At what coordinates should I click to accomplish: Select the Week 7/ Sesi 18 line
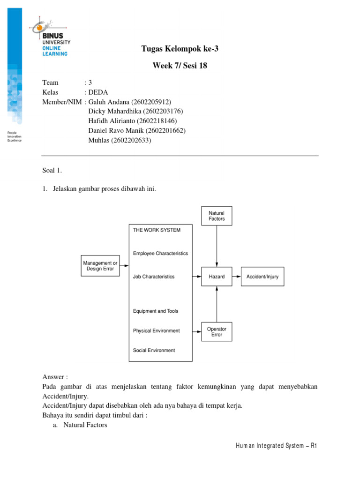(180, 66)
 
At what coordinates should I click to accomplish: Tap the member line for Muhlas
(120, 140)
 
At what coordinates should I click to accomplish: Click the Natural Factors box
(217, 216)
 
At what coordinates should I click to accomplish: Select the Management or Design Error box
(99, 266)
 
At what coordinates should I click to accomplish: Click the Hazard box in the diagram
(217, 277)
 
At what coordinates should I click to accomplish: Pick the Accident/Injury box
(262, 277)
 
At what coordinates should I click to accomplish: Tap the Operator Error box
(217, 332)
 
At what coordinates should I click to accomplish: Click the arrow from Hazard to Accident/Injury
(236, 277)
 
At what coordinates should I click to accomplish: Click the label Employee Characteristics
(160, 253)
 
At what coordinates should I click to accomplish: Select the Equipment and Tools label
(156, 311)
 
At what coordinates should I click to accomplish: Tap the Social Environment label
(154, 350)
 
